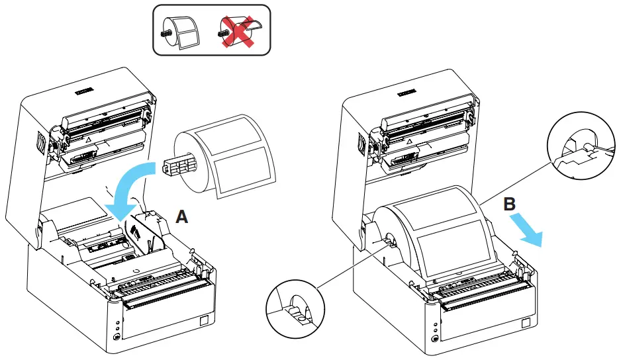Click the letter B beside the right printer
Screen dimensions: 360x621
(x=509, y=204)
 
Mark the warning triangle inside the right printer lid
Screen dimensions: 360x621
(x=410, y=142)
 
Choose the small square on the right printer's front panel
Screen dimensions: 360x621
(x=526, y=323)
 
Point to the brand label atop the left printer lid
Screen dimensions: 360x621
(x=89, y=87)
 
